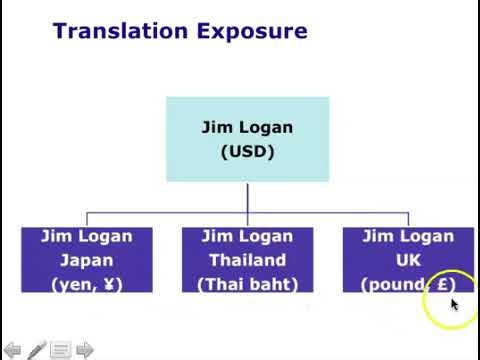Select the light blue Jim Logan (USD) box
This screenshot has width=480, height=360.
(x=247, y=139)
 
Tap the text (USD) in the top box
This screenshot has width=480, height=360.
(x=247, y=153)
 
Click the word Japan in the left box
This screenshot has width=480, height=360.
(x=86, y=260)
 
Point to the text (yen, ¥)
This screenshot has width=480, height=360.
(x=86, y=283)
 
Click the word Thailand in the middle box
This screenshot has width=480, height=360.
(x=247, y=260)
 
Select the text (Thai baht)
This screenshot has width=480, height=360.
(x=247, y=283)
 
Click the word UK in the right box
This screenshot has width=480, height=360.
(x=408, y=260)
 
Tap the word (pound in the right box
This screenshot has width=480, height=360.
(x=391, y=283)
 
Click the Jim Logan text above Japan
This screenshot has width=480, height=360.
(x=86, y=237)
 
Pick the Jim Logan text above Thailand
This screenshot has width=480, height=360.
(x=247, y=237)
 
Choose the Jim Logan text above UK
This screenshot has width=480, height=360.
(x=408, y=237)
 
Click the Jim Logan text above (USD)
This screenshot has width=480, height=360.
(x=247, y=129)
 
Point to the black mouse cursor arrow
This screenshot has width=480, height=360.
(x=454, y=304)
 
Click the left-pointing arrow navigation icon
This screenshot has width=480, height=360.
(x=12, y=350)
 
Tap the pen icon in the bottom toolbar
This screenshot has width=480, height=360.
(x=37, y=350)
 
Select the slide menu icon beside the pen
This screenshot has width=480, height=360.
(x=61, y=350)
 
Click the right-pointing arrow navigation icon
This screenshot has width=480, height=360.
(x=85, y=350)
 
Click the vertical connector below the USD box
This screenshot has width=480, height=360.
(x=247, y=197)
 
